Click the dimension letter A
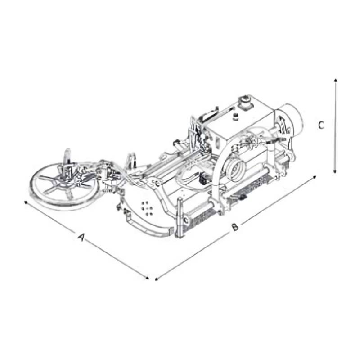click(x=81, y=237)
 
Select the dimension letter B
click(x=234, y=227)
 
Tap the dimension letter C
click(x=321, y=125)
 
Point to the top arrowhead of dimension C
click(x=335, y=80)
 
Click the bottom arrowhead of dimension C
click(x=335, y=171)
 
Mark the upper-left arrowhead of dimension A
click(x=26, y=202)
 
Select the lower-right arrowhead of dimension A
click(x=147, y=278)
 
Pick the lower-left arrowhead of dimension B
click(x=157, y=279)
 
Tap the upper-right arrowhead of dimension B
click(x=315, y=177)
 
